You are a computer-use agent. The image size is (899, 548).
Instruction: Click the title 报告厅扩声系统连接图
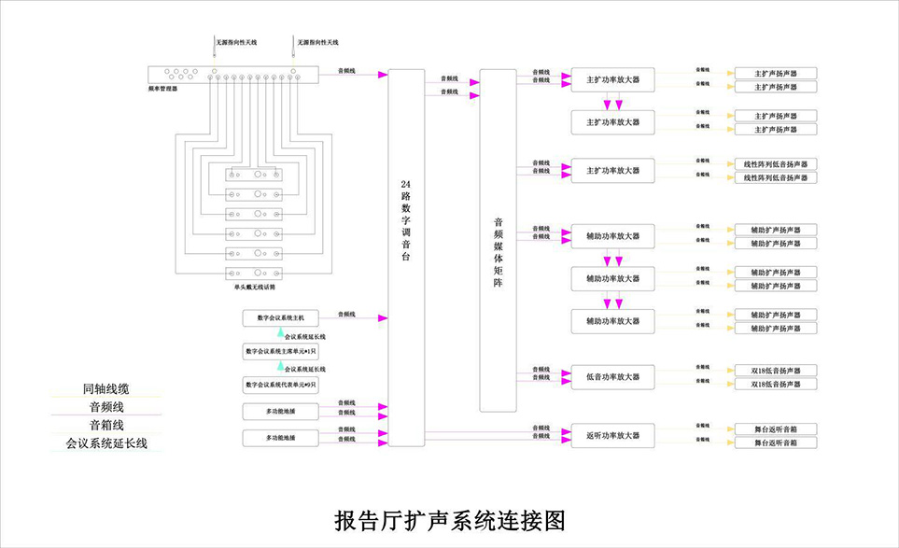(449, 520)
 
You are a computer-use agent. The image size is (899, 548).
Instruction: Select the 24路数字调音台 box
(405, 252)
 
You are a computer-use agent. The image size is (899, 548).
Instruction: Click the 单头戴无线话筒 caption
(255, 288)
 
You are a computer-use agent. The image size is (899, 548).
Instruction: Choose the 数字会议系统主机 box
(281, 317)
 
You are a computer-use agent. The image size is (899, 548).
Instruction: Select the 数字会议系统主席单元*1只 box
(281, 352)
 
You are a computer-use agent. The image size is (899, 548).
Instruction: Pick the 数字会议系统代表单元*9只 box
(281, 385)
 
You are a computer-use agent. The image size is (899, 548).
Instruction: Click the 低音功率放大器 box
(612, 377)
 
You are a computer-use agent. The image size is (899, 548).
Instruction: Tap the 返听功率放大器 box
(612, 435)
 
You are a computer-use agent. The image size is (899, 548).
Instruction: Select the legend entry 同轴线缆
(105, 388)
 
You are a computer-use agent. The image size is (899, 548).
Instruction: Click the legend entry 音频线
(105, 407)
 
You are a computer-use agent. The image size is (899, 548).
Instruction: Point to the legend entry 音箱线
(105, 426)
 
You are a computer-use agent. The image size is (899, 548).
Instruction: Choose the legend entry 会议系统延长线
(105, 444)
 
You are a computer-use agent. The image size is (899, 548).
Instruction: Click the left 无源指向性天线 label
(236, 43)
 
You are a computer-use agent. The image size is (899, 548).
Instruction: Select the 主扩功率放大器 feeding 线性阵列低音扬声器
(612, 171)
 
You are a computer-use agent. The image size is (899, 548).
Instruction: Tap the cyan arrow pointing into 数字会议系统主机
(279, 332)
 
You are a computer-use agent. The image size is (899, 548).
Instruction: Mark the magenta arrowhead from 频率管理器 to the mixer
(381, 74)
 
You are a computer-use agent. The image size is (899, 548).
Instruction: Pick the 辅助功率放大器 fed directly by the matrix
(612, 236)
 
